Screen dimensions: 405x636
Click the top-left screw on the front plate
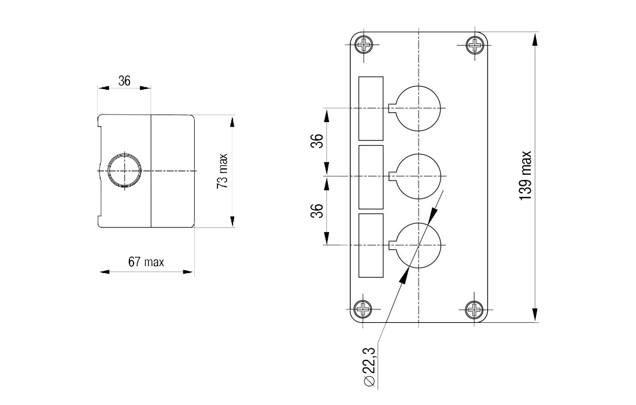(x=364, y=45)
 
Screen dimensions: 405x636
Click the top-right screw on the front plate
(x=474, y=45)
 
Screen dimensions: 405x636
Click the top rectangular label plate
(x=371, y=108)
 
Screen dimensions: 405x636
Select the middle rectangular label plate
(x=371, y=177)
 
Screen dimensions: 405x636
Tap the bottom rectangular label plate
(x=371, y=245)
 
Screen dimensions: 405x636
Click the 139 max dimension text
(x=525, y=176)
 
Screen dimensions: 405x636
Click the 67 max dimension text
(x=146, y=262)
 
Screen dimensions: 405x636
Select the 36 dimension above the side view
(x=124, y=81)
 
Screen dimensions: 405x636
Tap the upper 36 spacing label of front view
(x=316, y=141)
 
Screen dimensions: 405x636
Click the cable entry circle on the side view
(x=123, y=170)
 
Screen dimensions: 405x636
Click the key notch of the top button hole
(x=393, y=108)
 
